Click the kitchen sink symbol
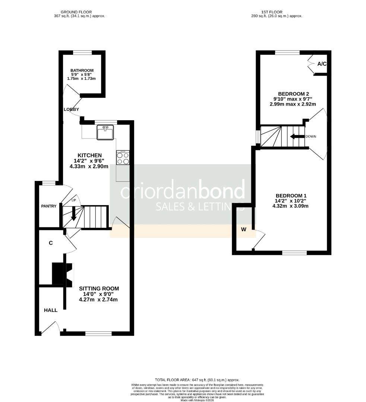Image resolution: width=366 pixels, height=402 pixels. tap(105, 133)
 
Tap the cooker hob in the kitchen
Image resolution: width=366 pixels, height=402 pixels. tap(123, 158)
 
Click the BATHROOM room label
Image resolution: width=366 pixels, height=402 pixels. tap(82, 70)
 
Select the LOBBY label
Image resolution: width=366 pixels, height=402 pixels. tap(71, 109)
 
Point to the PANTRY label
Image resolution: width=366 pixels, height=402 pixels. tap(49, 206)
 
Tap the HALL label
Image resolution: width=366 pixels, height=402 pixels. tap(51, 310)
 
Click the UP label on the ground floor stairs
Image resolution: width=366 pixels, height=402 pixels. tap(73, 201)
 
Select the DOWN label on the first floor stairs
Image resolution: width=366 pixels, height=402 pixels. tap(310, 137)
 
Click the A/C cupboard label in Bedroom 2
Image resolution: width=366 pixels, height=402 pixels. tap(322, 64)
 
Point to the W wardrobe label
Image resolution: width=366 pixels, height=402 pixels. tap(243, 229)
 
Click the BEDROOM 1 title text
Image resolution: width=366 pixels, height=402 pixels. tap(291, 196)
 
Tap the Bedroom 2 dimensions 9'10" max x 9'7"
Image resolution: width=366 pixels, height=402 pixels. tap(293, 99)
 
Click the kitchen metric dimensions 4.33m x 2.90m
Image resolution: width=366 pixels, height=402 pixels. tap(89, 166)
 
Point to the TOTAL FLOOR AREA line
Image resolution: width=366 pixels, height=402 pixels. tap(197, 379)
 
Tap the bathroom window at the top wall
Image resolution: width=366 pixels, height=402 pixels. tap(82, 52)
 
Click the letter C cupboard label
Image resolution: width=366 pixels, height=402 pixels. tap(50, 243)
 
